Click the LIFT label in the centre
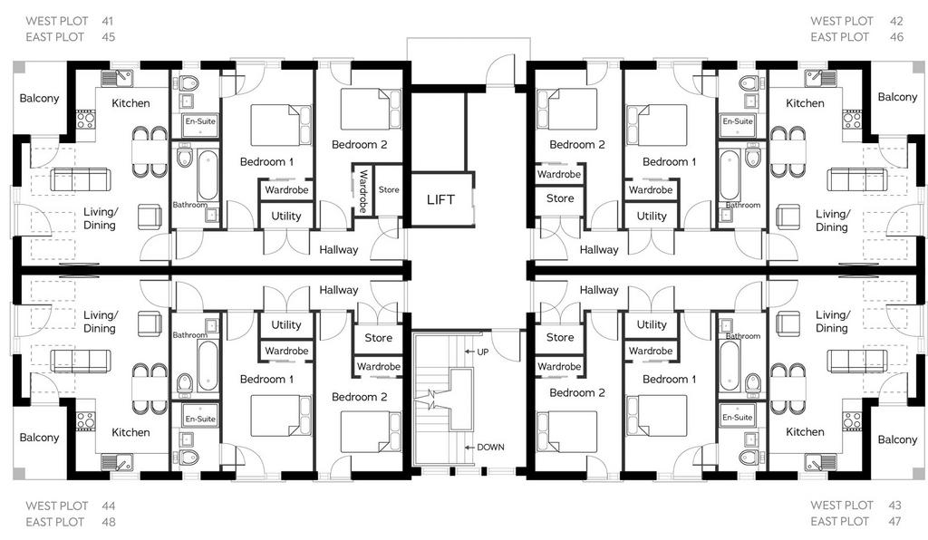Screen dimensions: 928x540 [441, 200]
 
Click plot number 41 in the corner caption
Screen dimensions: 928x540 [107, 21]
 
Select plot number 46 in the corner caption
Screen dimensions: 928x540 [896, 36]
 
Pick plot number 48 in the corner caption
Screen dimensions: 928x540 [108, 522]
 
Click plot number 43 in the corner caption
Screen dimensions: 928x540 [894, 505]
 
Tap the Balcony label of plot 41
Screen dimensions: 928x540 [39, 98]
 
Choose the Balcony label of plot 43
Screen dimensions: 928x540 [897, 439]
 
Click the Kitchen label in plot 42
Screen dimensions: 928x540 [805, 103]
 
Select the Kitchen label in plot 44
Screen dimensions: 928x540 [130, 432]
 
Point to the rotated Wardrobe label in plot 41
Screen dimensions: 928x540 [363, 192]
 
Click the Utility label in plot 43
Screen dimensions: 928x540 [652, 324]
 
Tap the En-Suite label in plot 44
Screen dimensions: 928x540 [200, 419]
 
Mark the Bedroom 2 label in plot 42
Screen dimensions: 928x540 [577, 144]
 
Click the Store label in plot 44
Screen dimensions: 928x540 [378, 338]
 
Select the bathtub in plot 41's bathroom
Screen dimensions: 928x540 [208, 176]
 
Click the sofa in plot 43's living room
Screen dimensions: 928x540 [857, 361]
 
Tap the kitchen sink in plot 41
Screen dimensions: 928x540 [117, 79]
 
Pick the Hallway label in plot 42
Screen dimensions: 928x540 [599, 249]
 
